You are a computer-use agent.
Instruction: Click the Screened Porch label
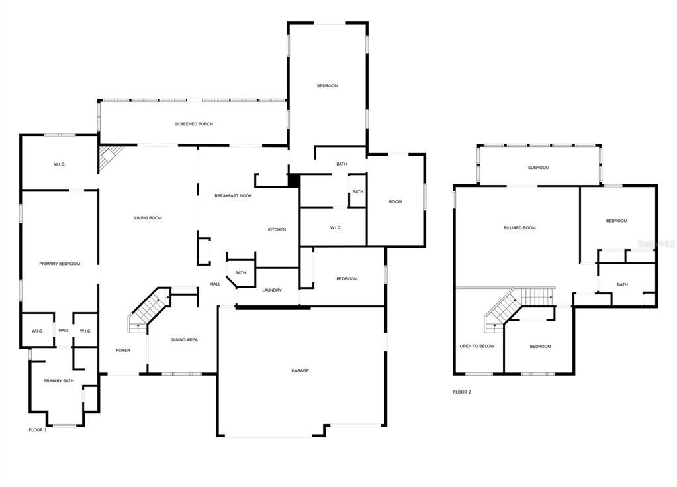193,124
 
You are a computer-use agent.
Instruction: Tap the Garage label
300,370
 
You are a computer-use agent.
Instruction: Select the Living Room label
148,218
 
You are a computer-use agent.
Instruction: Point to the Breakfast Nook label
233,195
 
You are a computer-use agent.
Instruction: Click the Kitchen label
277,229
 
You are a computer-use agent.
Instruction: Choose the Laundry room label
271,290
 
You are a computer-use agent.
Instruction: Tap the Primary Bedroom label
60,264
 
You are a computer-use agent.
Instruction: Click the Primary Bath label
59,380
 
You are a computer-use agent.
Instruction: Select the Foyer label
123,350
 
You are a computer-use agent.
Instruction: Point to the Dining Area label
185,340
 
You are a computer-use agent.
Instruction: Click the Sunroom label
539,168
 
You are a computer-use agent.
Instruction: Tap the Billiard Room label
519,227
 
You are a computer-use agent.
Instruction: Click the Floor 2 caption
462,392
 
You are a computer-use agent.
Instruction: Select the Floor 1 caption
38,430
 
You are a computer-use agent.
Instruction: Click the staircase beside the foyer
149,307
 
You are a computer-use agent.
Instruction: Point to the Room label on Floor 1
395,201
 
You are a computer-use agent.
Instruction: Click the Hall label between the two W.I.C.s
64,330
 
